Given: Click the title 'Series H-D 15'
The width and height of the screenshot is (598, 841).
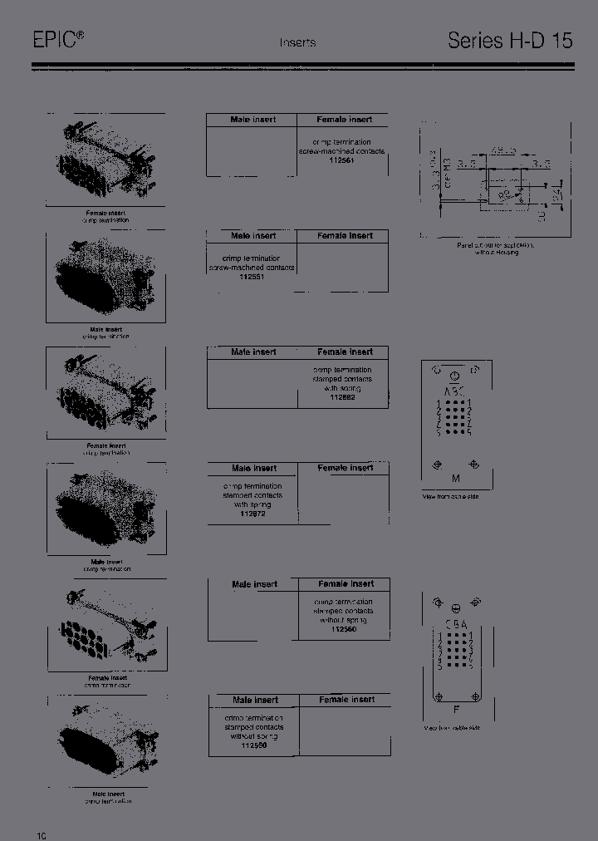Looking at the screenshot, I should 510,40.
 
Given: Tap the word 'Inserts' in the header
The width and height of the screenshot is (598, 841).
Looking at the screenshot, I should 297,42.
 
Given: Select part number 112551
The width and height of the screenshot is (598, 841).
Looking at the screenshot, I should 252,278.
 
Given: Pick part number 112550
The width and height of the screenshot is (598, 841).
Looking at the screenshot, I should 254,745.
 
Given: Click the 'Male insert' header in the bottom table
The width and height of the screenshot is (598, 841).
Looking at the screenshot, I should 254,700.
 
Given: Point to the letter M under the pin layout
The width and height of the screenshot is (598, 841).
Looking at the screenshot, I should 455,479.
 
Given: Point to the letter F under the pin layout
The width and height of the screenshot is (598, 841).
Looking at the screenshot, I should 456,710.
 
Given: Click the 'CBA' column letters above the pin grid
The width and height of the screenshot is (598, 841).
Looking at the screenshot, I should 456,624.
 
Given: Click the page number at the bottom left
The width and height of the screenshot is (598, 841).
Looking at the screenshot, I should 41,834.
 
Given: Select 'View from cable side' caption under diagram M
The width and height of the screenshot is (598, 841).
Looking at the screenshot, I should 451,496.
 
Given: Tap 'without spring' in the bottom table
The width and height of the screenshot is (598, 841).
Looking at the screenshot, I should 254,736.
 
